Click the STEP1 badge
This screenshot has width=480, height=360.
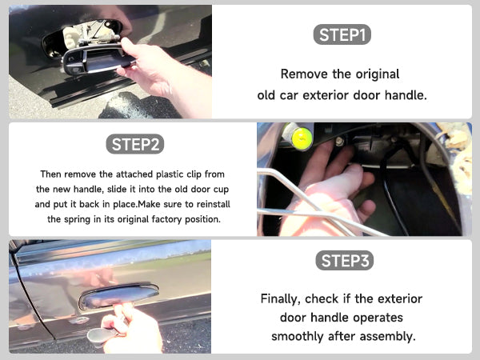[x=342, y=34]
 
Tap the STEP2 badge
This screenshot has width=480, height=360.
[x=134, y=144]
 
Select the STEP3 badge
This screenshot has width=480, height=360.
[x=344, y=261]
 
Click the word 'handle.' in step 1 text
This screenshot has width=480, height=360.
[x=406, y=95]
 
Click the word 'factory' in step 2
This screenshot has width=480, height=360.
[x=167, y=219]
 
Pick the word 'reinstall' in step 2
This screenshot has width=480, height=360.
[x=214, y=204]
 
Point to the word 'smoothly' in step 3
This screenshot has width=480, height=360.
[x=298, y=337]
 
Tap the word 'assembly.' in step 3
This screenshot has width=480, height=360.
[x=388, y=337]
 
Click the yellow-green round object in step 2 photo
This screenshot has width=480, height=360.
[x=302, y=138]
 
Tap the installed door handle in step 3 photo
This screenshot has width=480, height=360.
[x=118, y=295]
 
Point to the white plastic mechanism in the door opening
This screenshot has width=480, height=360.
[x=72, y=38]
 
